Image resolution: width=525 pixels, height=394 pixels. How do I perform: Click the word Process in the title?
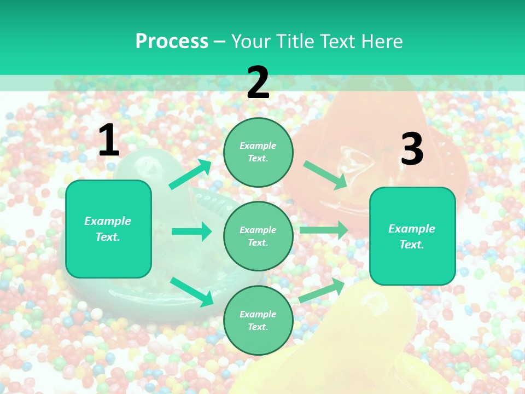[x=172, y=42]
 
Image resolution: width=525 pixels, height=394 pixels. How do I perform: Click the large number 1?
[x=109, y=141]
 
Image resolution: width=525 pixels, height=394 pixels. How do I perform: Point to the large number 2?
[x=258, y=83]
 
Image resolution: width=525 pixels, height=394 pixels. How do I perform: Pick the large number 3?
[x=412, y=149]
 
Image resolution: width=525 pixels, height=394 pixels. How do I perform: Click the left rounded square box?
[x=108, y=229]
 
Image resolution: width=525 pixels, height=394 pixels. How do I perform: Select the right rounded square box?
[x=412, y=236]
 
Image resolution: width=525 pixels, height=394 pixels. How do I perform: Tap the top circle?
[x=258, y=152]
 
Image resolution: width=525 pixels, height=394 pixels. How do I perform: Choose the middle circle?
[x=258, y=236]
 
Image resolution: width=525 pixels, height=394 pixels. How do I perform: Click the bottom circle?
[x=258, y=320]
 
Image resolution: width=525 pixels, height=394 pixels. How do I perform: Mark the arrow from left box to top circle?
[x=190, y=175]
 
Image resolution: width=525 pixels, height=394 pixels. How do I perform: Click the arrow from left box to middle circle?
[x=191, y=231]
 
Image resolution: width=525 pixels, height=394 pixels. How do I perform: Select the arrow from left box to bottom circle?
[x=191, y=291]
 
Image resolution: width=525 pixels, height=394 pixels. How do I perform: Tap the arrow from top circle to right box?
[x=325, y=175]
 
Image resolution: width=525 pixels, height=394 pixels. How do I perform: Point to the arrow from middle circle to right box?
[x=324, y=230]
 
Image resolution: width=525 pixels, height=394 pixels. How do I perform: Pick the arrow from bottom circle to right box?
[x=322, y=290]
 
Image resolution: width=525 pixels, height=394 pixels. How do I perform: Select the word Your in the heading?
[x=249, y=42]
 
